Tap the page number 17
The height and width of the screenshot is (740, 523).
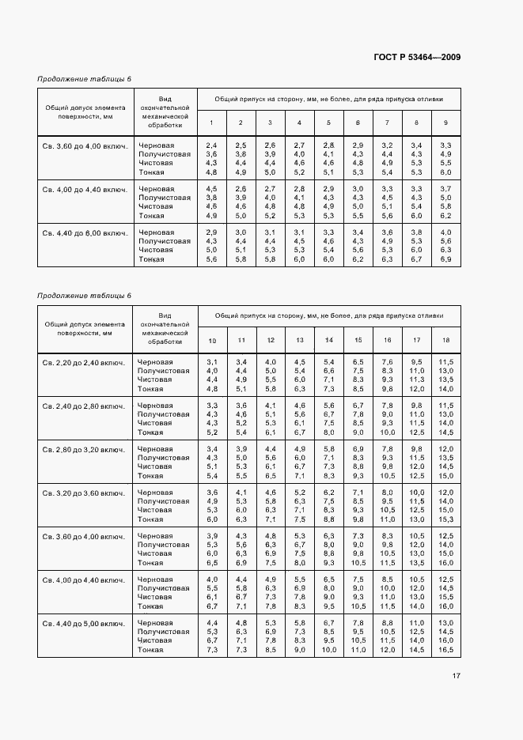pyautogui.click(x=457, y=676)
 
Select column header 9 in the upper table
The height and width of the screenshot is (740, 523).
pyautogui.click(x=445, y=123)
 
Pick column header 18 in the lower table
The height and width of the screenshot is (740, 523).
pyautogui.click(x=445, y=340)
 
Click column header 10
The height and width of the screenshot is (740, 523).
pyautogui.click(x=212, y=340)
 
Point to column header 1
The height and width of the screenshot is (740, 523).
pyautogui.click(x=211, y=123)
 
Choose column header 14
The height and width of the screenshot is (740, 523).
pyautogui.click(x=328, y=340)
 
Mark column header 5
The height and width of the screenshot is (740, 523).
pyautogui.click(x=328, y=123)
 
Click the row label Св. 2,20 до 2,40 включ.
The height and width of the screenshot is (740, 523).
pyautogui.click(x=85, y=361)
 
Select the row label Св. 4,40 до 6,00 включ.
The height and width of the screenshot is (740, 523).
pyautogui.click(x=85, y=232)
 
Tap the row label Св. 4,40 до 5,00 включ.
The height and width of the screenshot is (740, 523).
pyautogui.click(x=85, y=623)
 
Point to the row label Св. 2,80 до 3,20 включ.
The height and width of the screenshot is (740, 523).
pyautogui.click(x=85, y=449)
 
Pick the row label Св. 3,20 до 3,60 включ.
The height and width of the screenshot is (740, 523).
pyautogui.click(x=85, y=493)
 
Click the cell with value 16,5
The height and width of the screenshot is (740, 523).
pyautogui.click(x=445, y=650)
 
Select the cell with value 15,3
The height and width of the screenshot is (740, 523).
pyautogui.click(x=445, y=519)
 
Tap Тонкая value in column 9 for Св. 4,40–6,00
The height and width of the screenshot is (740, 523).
pyautogui.click(x=445, y=259)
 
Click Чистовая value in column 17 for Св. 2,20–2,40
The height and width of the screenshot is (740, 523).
pyautogui.click(x=416, y=379)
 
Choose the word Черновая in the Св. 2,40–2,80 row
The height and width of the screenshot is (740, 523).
pyautogui.click(x=155, y=405)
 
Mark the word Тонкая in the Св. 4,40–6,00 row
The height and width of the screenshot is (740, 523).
pyautogui.click(x=151, y=259)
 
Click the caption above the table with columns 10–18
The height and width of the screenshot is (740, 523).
pyautogui.click(x=84, y=296)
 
